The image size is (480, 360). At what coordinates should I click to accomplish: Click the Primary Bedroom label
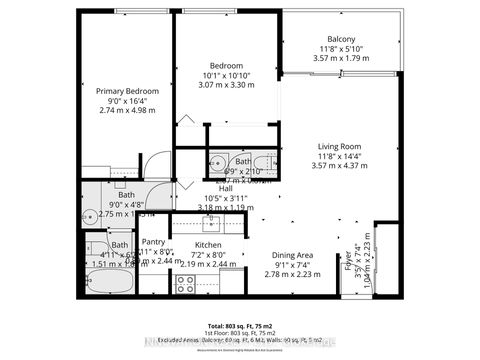(x=123, y=90)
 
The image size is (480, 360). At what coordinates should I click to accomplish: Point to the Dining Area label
(x=288, y=254)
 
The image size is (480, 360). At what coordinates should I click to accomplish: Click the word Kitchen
(x=207, y=244)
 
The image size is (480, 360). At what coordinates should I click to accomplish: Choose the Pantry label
(x=153, y=242)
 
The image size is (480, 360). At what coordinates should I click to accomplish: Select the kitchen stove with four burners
(x=186, y=282)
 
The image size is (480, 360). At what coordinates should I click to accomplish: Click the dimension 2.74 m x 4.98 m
(x=123, y=110)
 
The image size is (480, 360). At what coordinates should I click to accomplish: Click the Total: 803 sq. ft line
(x=240, y=326)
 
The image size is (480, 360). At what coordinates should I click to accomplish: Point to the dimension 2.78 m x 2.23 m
(x=288, y=274)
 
